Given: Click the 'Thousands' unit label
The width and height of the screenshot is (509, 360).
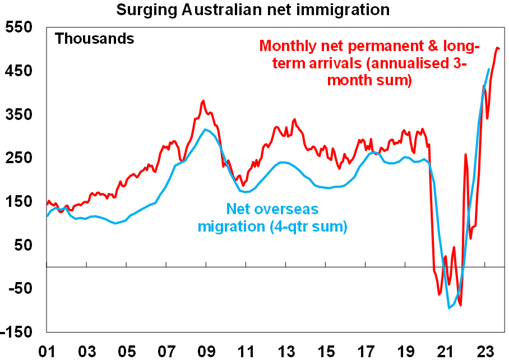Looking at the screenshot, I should point(94,39).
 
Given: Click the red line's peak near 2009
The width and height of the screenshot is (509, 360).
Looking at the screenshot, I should point(203,101).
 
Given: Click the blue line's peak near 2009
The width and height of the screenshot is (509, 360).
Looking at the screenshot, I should point(206,130).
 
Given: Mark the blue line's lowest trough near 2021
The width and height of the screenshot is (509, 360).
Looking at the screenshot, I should point(449,308).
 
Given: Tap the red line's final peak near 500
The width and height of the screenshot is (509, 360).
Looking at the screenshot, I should point(498,48).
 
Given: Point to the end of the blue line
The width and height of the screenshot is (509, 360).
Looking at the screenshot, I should point(489,69).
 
